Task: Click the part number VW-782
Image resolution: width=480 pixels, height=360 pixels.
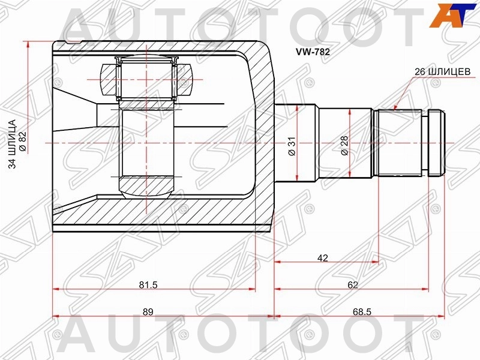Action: tap(313, 52)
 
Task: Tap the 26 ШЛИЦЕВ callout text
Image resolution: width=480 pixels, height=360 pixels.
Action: tap(442, 71)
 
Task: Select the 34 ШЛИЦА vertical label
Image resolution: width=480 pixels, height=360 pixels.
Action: tap(13, 144)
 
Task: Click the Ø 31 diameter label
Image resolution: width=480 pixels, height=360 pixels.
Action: tap(292, 146)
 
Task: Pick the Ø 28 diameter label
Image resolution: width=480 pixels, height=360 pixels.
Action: tap(344, 146)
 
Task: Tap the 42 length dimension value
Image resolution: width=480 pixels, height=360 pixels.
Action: tap(323, 258)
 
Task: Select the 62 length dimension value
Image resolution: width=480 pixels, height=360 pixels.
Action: tap(353, 284)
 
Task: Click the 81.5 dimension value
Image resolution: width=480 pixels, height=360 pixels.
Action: tap(148, 284)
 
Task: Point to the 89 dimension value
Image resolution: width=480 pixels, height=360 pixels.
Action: tap(148, 311)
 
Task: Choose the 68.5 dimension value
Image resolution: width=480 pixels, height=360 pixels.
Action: tap(362, 311)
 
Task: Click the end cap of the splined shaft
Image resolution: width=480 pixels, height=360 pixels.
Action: tap(436, 143)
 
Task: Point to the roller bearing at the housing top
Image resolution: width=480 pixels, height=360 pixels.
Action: tap(147, 79)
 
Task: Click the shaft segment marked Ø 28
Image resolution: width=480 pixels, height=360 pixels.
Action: tap(345, 143)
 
